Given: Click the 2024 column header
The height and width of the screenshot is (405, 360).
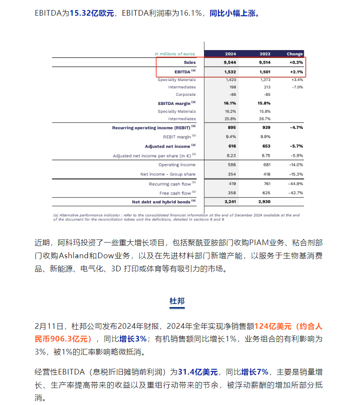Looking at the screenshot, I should (x=231, y=54).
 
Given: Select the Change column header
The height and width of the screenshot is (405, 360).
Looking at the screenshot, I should (x=295, y=54).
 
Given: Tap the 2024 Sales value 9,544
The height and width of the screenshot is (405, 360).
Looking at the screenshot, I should (x=231, y=62).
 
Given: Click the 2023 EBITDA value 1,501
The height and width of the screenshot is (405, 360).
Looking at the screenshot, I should (x=265, y=71).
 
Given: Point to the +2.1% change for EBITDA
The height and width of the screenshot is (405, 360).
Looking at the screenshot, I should (x=296, y=71).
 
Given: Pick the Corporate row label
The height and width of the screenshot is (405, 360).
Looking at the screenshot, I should (x=186, y=94).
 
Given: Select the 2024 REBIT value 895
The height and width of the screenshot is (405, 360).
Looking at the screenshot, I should (x=231, y=128).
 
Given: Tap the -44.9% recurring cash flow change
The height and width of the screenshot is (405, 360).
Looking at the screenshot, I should (x=295, y=184).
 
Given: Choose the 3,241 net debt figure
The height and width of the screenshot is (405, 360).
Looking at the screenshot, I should (x=230, y=202).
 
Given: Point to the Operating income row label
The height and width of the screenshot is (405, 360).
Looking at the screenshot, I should (x=177, y=165).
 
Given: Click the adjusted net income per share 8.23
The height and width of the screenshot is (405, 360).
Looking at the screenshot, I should (x=231, y=155).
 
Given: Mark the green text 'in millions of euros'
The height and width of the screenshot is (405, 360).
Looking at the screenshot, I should (x=175, y=54).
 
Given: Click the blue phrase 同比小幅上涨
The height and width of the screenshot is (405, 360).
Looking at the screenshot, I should (x=234, y=13).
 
